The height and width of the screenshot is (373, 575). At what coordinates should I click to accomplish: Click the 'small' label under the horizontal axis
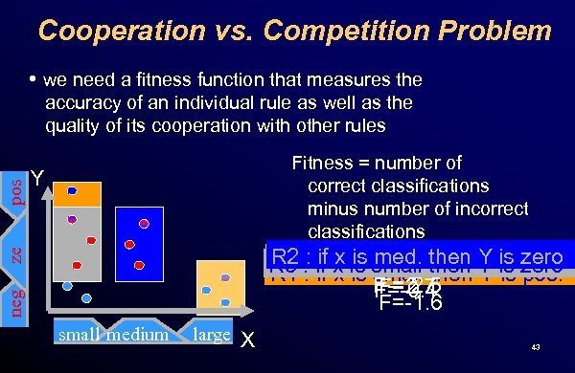pyautogui.click(x=80, y=336)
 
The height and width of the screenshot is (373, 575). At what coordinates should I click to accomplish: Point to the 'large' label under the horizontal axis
pyautogui.click(x=210, y=335)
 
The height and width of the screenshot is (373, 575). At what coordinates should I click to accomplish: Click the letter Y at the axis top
pyautogui.click(x=35, y=179)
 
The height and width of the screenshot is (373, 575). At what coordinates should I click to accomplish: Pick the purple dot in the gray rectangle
pyautogui.click(x=71, y=219)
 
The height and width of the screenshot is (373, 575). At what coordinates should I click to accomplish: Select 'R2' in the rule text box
pyautogui.click(x=286, y=257)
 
